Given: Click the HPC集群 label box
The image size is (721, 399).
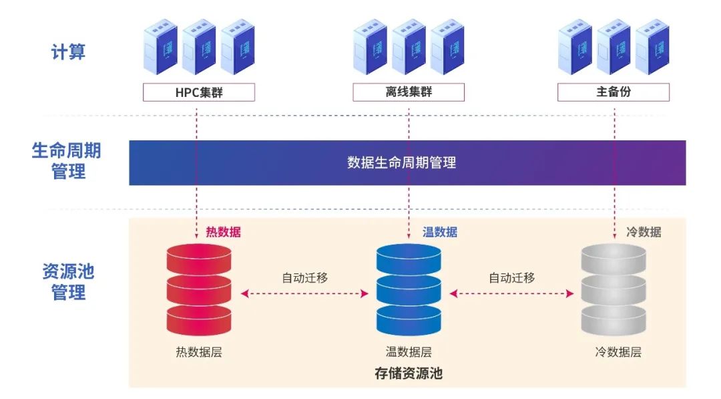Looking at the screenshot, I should (199, 92).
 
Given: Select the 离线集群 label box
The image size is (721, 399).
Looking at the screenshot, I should (409, 92).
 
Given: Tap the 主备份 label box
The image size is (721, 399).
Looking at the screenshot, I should (613, 92).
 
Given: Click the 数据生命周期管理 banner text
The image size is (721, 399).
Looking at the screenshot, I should (402, 162).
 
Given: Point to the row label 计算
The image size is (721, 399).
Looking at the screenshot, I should (69, 51).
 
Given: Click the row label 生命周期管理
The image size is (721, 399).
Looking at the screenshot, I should (69, 161).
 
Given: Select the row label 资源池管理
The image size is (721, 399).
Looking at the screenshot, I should (69, 282).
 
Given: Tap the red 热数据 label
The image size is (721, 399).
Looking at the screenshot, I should (223, 233).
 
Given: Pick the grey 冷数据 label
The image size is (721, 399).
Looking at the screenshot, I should (644, 233).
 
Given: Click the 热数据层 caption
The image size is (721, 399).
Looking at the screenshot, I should (199, 352).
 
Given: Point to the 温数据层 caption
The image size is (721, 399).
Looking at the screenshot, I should (409, 352).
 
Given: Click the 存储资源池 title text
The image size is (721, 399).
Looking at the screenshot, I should (409, 374).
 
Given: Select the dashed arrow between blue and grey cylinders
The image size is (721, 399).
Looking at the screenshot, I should (512, 293).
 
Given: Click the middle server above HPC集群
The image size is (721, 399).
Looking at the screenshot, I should (199, 47).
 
